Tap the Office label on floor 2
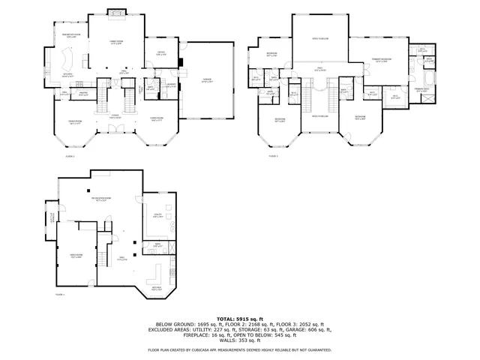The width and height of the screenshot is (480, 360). tap(160, 53)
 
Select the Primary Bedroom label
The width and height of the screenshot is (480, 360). tap(381, 60)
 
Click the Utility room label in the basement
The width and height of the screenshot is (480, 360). tap(158, 216)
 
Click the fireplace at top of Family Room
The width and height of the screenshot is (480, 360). tap(115, 11)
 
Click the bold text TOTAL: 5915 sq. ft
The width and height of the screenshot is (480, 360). tap(239, 318)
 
